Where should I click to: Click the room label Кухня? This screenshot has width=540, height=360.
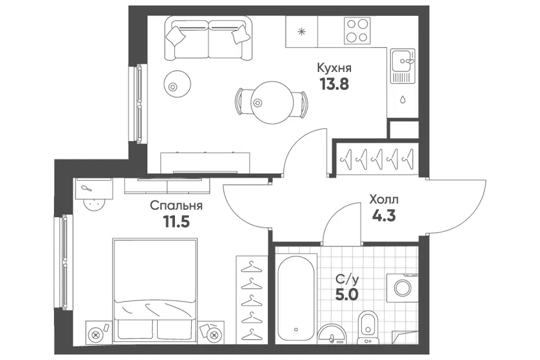334,68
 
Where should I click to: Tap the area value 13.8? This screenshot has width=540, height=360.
334,84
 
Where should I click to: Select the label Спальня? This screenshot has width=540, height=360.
176,206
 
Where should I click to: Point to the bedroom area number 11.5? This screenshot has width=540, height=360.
176,222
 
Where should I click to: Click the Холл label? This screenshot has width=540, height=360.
384,200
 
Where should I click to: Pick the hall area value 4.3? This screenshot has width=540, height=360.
384,215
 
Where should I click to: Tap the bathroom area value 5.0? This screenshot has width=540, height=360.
347,295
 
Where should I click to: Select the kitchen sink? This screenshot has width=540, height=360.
403,66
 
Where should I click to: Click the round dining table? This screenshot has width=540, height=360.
272,102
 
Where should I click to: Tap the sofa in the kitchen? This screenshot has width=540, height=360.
208,39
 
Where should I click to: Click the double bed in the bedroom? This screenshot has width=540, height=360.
155,290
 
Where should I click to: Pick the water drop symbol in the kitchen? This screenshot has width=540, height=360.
403,100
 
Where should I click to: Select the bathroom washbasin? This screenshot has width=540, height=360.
332,334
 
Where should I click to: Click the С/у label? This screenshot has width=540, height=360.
347,280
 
